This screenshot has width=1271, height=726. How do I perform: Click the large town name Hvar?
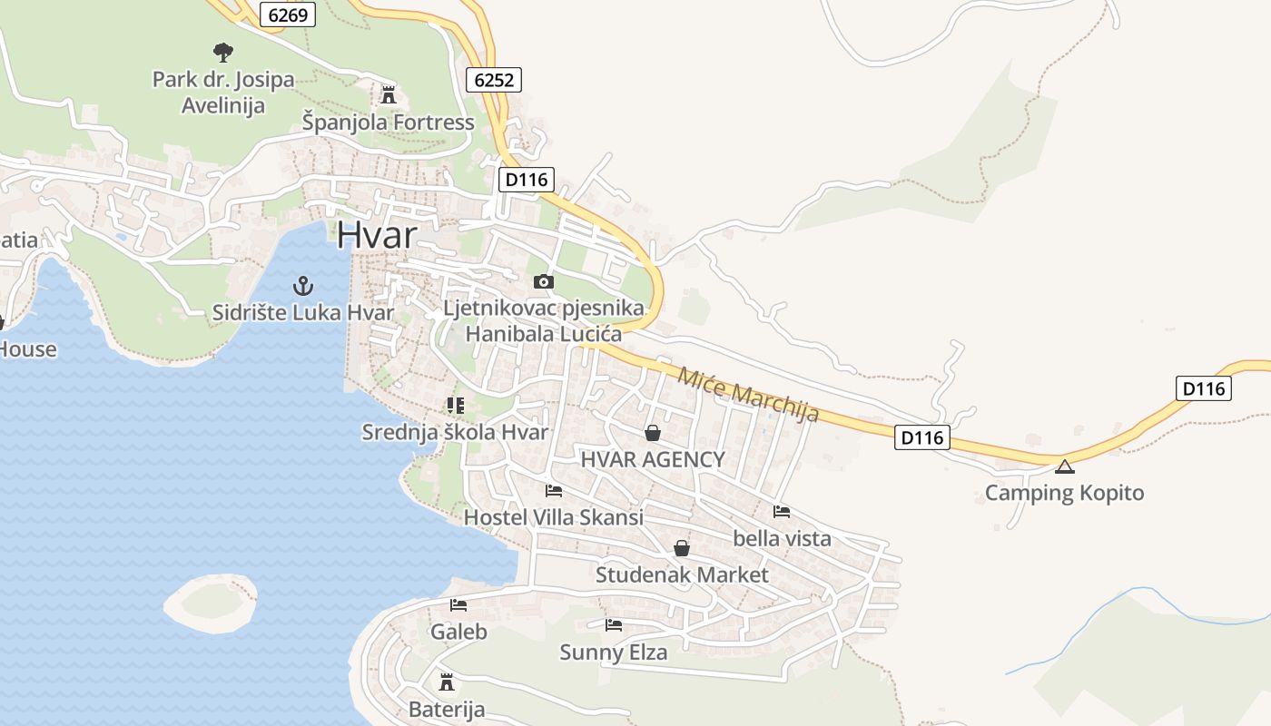click(x=377, y=235)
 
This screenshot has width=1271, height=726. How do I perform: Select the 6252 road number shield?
click(x=495, y=80)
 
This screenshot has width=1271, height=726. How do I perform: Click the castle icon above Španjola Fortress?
click(x=389, y=94)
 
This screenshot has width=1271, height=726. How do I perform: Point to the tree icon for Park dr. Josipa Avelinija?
click(x=222, y=52)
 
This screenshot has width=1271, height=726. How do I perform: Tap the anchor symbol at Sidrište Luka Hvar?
click(x=302, y=287)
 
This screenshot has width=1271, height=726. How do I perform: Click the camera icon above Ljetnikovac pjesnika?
click(x=543, y=281)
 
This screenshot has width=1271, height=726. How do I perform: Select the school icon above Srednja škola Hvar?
click(x=455, y=405)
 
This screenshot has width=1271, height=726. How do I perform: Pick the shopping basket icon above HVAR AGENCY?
click(x=652, y=433)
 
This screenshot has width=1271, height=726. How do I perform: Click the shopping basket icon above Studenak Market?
click(x=682, y=548)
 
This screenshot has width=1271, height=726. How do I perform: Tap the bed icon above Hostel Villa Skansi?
click(x=553, y=491)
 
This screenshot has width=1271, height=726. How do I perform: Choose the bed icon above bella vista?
click(x=782, y=512)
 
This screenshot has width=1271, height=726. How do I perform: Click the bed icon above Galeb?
click(x=458, y=604)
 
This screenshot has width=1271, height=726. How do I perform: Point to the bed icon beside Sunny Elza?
click(x=614, y=624)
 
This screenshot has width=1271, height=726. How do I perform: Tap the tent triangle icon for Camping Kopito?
click(x=1064, y=467)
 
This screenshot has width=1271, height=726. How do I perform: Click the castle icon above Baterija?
click(x=447, y=682)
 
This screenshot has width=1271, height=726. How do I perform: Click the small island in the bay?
click(x=211, y=603)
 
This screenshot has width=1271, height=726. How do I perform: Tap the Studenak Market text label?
click(x=682, y=574)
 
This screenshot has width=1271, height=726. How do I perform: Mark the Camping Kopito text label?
click(x=1064, y=493)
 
